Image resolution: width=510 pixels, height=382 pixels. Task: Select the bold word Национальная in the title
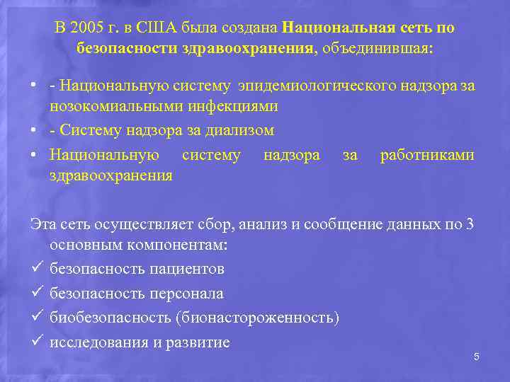(x=334, y=28)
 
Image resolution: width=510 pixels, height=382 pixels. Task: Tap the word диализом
(x=242, y=130)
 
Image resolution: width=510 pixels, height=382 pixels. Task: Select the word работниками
(x=427, y=154)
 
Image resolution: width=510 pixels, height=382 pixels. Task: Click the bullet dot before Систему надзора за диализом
(x=33, y=130)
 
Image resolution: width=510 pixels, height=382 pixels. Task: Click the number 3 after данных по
(x=471, y=225)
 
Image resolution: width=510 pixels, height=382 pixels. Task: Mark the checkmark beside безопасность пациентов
(x=35, y=268)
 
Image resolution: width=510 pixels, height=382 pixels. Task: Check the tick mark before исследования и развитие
(x=35, y=342)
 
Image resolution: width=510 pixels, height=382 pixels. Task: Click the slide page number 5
(x=477, y=357)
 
